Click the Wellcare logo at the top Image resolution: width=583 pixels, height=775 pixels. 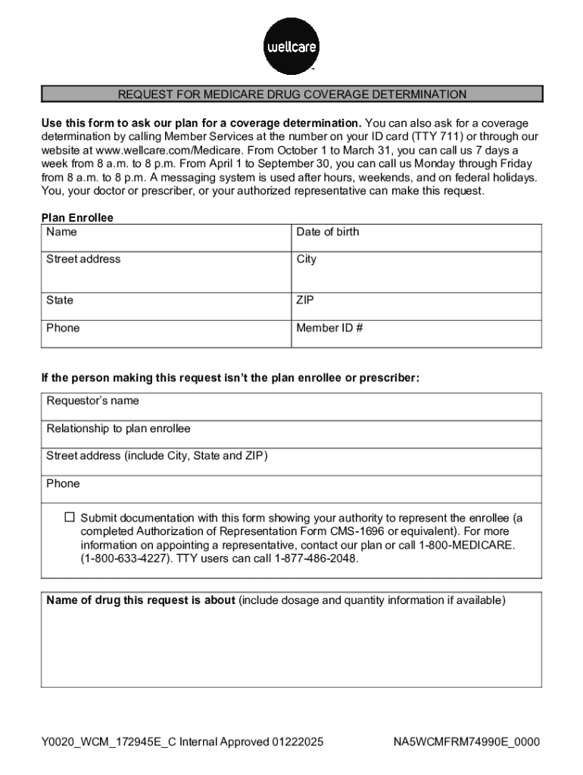click(x=291, y=46)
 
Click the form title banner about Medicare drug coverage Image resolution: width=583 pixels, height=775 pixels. click(x=291, y=95)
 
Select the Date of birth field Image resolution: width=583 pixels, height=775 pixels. click(x=416, y=238)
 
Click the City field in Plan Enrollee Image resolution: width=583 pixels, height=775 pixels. click(x=416, y=271)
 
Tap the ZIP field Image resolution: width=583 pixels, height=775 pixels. click(x=416, y=307)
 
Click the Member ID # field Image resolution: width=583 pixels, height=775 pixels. click(x=416, y=334)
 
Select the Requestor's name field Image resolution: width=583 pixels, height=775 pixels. click(x=291, y=406)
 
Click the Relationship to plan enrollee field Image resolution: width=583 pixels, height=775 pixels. click(x=291, y=434)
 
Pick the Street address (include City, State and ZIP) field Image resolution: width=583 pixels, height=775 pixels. click(x=291, y=462)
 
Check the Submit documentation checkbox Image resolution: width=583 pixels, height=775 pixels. click(x=70, y=518)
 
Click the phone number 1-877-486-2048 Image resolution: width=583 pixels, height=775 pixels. click(x=316, y=559)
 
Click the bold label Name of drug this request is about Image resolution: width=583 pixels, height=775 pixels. click(x=141, y=601)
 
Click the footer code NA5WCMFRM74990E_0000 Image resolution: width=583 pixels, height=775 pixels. click(x=466, y=742)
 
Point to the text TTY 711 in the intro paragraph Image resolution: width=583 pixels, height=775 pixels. click(x=435, y=137)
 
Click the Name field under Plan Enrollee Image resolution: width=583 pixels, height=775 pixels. click(x=167, y=238)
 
